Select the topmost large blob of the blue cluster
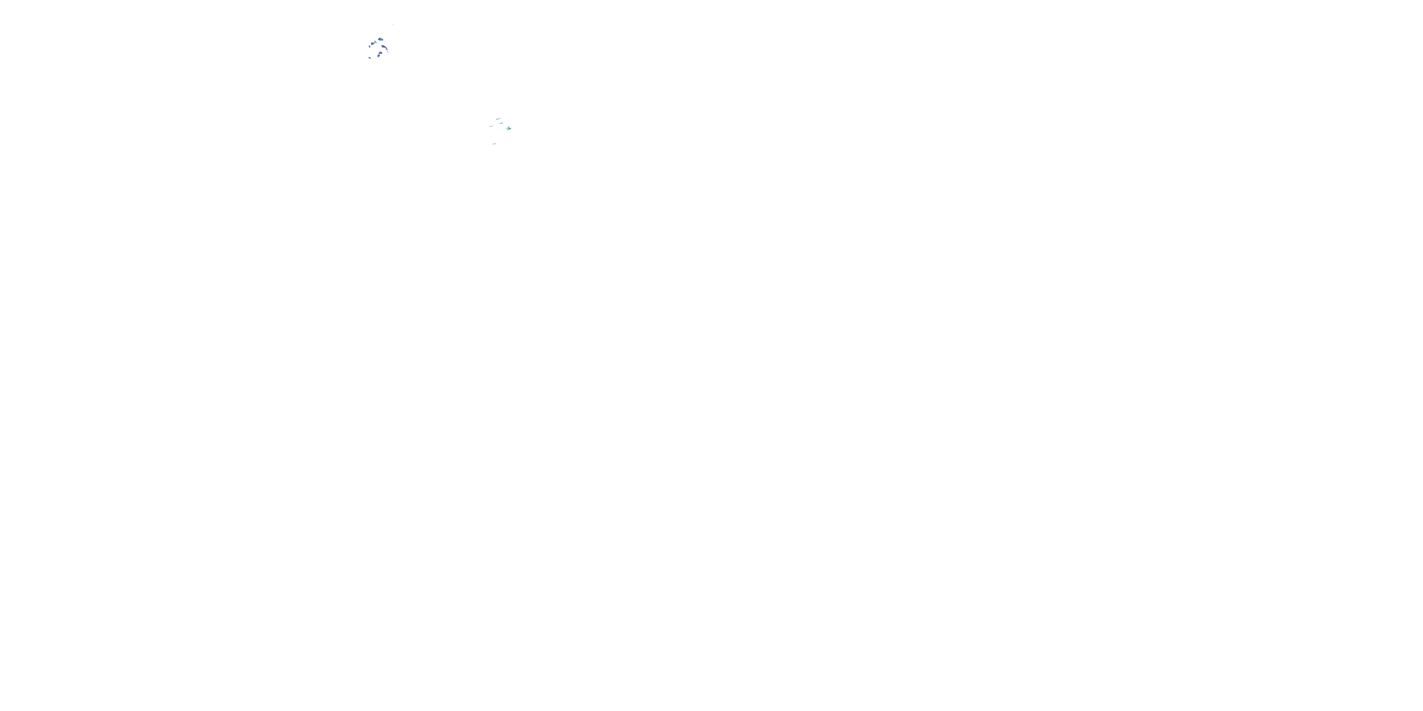pos(381,40)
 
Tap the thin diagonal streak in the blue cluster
pos(376,43)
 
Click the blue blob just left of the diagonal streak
pos(372,44)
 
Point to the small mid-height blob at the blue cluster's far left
pos(370,46)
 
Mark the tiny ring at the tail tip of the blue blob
pos(387,50)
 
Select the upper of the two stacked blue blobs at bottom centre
pos(380,53)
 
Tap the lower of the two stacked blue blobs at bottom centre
pos(379,56)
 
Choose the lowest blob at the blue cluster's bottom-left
pos(370,58)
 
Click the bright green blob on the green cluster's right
pos(509,129)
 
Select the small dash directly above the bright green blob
pos(509,127)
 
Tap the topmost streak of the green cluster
pos(498,119)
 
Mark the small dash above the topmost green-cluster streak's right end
pos(500,118)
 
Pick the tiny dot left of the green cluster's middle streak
pos(499,124)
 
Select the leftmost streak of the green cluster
pos(491,127)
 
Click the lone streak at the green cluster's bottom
pos(494,144)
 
